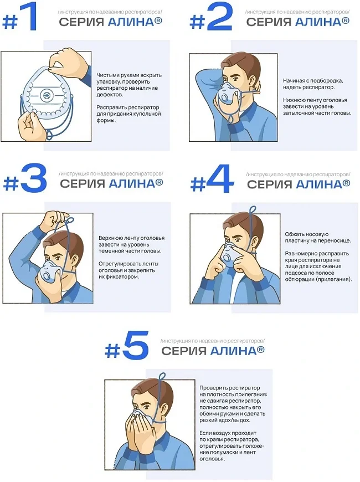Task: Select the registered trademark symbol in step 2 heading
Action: pos(346,20)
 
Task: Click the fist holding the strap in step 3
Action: pos(55,220)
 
